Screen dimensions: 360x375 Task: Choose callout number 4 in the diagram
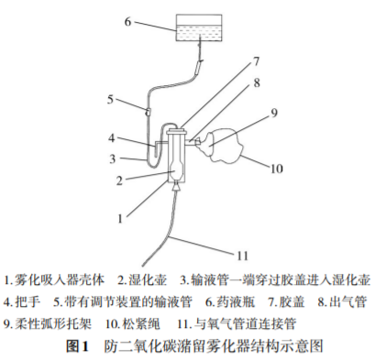111,140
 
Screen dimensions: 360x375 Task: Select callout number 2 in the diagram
117,180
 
